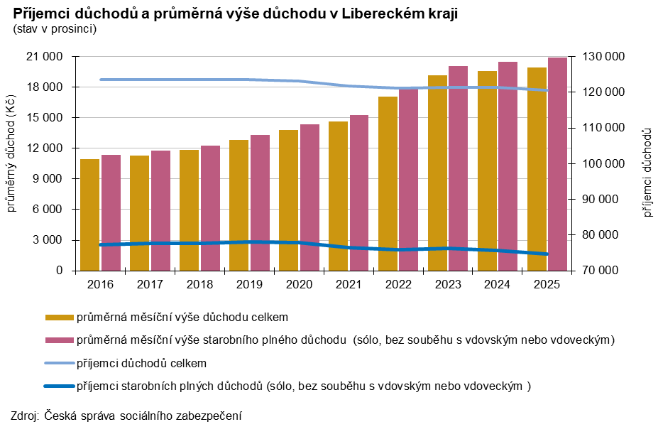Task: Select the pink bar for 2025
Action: (x=557, y=164)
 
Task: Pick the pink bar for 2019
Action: (x=259, y=202)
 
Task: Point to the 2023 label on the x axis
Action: (x=447, y=284)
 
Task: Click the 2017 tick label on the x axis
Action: (x=149, y=284)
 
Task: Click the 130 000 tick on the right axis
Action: (x=603, y=57)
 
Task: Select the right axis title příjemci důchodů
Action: (x=647, y=173)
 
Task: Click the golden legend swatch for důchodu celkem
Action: (x=58, y=317)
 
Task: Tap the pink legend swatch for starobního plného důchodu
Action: (x=58, y=340)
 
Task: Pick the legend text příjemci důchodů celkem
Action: (x=141, y=363)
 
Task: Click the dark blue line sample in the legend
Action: (x=58, y=386)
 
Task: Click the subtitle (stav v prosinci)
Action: (x=54, y=29)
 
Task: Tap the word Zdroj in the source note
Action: (x=25, y=416)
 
